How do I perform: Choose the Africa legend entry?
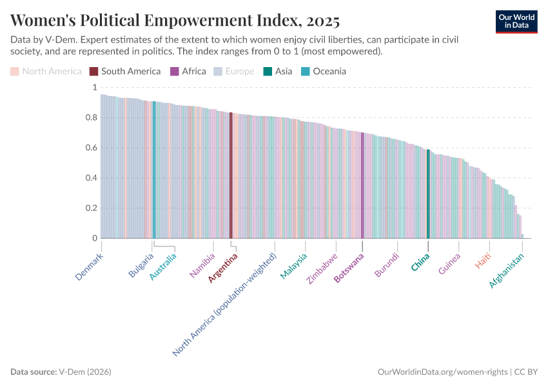coord(188,71)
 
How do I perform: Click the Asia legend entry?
coord(277,71)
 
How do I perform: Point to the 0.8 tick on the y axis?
coord(90,117)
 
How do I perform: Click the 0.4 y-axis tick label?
coord(90,178)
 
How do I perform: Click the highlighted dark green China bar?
coord(428,193)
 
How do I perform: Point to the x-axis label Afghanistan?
coord(507,270)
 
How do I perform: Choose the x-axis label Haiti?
coord(483,261)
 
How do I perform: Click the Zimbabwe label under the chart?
coord(322,268)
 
